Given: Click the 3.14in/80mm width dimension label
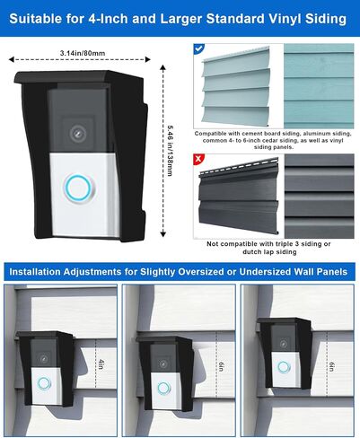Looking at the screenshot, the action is [x=83, y=53].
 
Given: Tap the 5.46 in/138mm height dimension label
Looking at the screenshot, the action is [x=170, y=150].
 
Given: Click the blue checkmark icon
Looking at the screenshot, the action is [x=199, y=48].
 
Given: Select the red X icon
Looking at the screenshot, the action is [x=198, y=159].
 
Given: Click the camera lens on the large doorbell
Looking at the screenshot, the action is [x=78, y=133].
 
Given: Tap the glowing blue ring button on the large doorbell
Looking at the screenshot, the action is [x=78, y=188].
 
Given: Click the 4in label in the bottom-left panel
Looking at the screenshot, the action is [x=101, y=364].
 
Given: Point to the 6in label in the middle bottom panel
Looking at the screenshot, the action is [x=221, y=367].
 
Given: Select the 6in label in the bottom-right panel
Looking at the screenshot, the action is [x=332, y=367].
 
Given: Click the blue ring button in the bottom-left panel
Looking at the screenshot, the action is [x=44, y=383].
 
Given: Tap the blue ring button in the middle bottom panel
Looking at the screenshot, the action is [x=164, y=388].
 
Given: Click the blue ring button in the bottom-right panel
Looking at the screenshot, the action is [x=284, y=367].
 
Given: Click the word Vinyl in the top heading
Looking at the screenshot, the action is [x=285, y=19].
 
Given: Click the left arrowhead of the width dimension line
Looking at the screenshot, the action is [x=12, y=59].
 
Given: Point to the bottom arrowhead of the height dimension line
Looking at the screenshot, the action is [x=162, y=233].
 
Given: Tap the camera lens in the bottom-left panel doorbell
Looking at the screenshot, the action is [x=44, y=359].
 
